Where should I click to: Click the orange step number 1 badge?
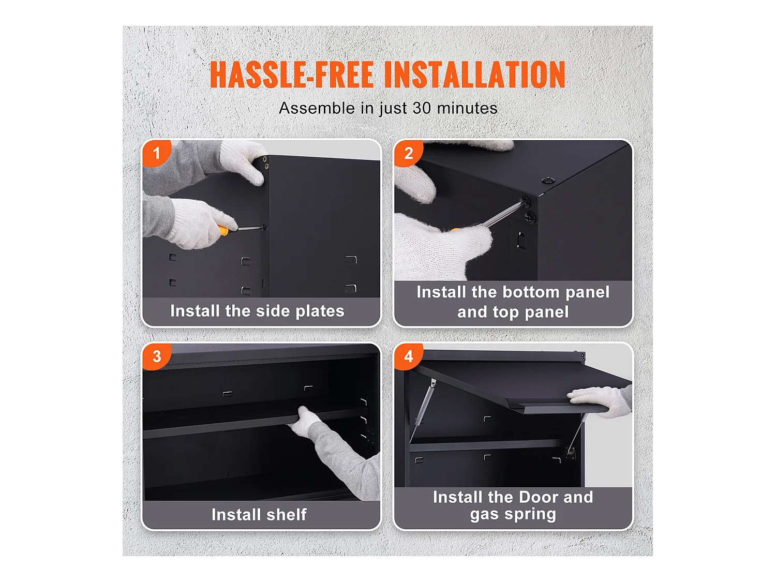pos(156,153)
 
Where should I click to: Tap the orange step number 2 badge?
pos(408,153)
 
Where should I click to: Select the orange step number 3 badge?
pos(156,356)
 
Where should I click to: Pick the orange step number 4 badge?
pos(408,356)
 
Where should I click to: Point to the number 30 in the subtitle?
pos(422,108)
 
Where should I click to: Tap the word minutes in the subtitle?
pos(467,108)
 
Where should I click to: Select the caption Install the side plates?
pos(257,311)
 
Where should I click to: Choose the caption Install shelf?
pos(259,515)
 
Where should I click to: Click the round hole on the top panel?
pos(548,181)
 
